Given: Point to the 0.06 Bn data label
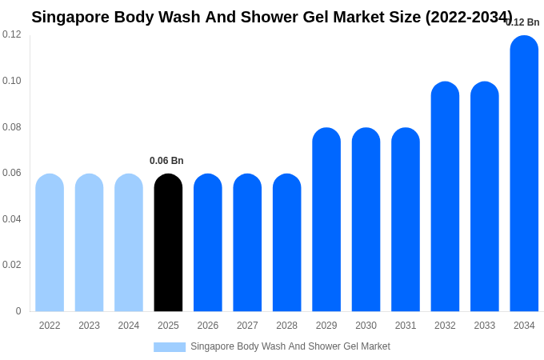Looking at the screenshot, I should [x=166, y=161].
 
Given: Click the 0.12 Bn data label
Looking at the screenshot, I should [x=523, y=22].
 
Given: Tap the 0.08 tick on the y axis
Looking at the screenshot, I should [x=12, y=126].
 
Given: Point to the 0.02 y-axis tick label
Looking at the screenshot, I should [x=12, y=265].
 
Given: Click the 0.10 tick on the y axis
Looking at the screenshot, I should [x=12, y=81].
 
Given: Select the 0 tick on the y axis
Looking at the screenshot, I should [x=18, y=311].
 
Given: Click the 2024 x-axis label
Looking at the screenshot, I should [x=129, y=326].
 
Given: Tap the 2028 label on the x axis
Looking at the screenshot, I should [x=286, y=326].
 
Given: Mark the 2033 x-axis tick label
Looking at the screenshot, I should [x=484, y=326].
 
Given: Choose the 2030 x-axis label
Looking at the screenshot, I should [x=366, y=326].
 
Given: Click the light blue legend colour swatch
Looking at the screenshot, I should [x=170, y=347].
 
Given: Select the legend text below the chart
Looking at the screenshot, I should [x=290, y=346].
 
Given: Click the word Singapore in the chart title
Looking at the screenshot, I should [x=70, y=17].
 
